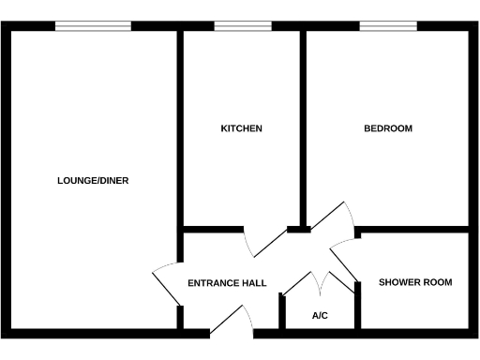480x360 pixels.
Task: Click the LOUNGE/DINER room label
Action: (x=93, y=181)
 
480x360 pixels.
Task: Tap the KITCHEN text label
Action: (x=241, y=128)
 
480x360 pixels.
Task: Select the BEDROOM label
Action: (x=388, y=128)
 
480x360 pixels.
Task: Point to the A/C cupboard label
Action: (x=320, y=316)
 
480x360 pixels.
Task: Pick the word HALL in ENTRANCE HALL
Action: (x=254, y=283)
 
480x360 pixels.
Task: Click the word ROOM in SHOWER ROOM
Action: (x=437, y=282)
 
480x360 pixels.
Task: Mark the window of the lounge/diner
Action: (x=93, y=25)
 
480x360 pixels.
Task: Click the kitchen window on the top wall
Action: (x=241, y=25)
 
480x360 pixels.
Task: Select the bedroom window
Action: (x=388, y=25)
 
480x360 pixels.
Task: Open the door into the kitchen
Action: (x=265, y=242)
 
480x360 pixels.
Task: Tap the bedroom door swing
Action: (x=334, y=225)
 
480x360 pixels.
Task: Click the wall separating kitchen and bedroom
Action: (x=303, y=127)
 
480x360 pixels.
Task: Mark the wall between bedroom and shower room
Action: (x=412, y=229)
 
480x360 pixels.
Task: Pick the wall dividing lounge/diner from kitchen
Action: (x=179, y=127)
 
